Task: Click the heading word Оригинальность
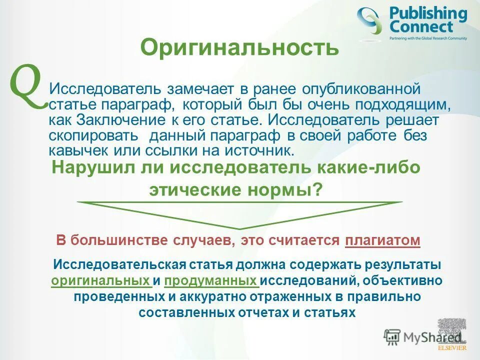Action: [x=240, y=47]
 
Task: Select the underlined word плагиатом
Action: [x=382, y=240]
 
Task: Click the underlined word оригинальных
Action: [x=101, y=280]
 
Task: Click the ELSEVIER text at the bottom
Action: [x=452, y=347]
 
